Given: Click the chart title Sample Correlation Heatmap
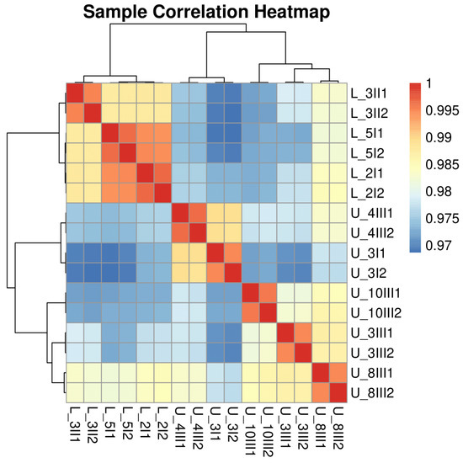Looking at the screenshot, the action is [x=206, y=13].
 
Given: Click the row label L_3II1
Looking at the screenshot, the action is [x=369, y=93].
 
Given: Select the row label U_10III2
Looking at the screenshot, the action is [x=376, y=313].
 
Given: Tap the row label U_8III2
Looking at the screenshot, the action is [x=372, y=393].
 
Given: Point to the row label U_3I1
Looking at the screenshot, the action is [x=367, y=253].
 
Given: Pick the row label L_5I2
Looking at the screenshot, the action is [x=368, y=153].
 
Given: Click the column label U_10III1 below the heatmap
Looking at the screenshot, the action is [x=251, y=432].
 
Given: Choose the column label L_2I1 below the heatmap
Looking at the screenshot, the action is [x=146, y=423].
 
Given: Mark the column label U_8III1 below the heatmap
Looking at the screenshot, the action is [x=321, y=428].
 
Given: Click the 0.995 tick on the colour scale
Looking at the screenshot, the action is [x=442, y=110].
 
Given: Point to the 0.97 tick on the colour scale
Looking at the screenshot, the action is [x=439, y=246].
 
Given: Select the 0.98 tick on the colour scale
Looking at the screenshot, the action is [x=439, y=192].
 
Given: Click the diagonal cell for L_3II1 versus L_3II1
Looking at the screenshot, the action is [x=75, y=93].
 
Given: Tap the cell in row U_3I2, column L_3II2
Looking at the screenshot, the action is [x=93, y=273].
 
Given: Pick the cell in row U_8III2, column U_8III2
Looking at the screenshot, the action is [x=338, y=393].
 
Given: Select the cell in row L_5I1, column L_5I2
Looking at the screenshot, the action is [x=128, y=134].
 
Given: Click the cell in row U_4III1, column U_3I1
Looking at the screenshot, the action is [x=216, y=213].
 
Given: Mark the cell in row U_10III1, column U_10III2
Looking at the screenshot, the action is [x=268, y=293].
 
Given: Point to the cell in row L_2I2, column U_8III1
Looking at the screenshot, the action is [x=321, y=194].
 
